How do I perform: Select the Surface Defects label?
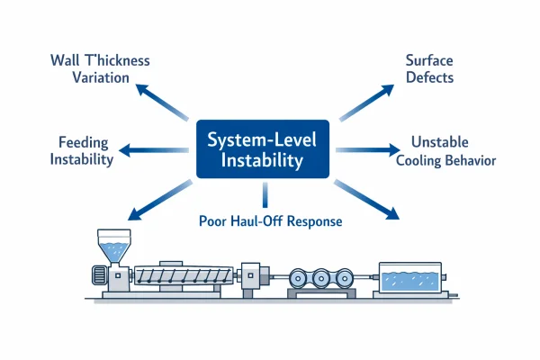tap(428, 69)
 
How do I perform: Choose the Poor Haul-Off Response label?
tap(270, 220)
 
